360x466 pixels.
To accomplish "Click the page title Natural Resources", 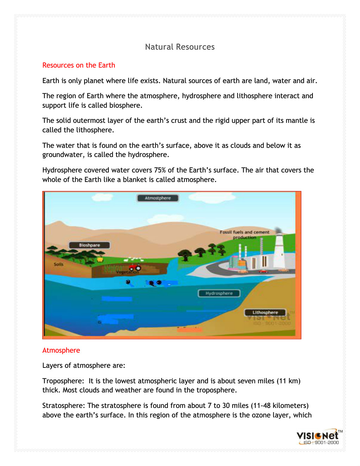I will click(179, 47).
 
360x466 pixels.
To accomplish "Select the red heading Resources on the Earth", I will click(78, 65).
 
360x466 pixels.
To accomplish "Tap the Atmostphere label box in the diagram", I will click(158, 198).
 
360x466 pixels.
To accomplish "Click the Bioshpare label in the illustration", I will click(89, 245).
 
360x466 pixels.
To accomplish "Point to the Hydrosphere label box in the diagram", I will click(219, 293).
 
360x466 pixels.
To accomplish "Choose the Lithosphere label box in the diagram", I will click(265, 312).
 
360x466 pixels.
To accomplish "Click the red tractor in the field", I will click(135, 267).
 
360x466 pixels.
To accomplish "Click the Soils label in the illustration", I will click(59, 264).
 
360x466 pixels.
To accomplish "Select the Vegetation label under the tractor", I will click(127, 272).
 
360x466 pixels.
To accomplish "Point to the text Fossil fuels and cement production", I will click(245, 234).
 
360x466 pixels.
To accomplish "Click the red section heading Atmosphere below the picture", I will click(61, 350).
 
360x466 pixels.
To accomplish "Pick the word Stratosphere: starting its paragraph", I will click(63, 405).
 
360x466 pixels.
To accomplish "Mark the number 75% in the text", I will click(160, 170).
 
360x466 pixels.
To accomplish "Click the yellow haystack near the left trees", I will click(100, 259).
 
